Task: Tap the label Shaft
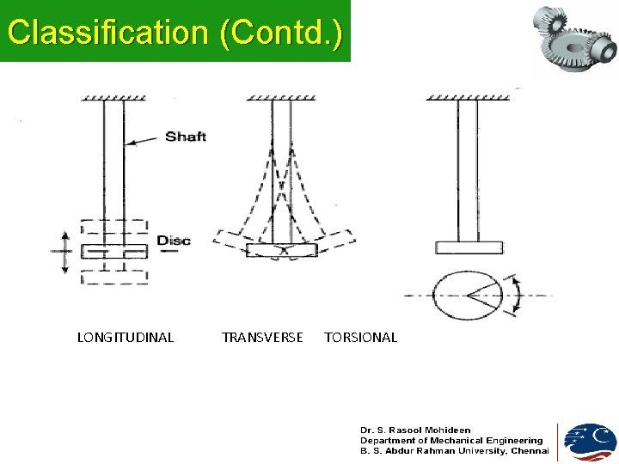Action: click(x=186, y=137)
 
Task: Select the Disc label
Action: click(x=174, y=241)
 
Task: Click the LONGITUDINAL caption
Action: click(x=126, y=338)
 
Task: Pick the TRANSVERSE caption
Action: click(x=262, y=338)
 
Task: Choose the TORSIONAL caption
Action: click(x=360, y=338)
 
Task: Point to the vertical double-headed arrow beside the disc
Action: click(x=64, y=252)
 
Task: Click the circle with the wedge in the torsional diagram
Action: click(x=469, y=295)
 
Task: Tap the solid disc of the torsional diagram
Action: click(x=469, y=247)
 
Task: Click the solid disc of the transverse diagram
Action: click(x=281, y=250)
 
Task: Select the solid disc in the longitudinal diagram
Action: click(x=114, y=252)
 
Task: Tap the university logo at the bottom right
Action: click(x=590, y=442)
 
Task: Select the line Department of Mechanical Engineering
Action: click(x=451, y=440)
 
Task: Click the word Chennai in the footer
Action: click(x=530, y=451)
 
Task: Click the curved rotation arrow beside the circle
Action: click(x=515, y=294)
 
